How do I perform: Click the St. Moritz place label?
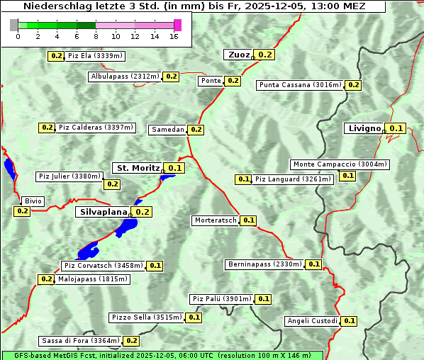(138, 168)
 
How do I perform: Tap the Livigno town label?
(364, 128)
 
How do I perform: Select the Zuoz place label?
(238, 55)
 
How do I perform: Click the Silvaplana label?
(103, 212)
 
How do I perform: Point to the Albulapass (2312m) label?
(125, 77)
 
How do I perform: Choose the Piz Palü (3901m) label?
(221, 299)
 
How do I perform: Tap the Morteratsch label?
(216, 220)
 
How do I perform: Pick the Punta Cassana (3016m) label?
(300, 85)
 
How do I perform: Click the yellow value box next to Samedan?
(196, 130)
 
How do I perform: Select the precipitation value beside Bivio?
(22, 211)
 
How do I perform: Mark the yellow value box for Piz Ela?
(56, 56)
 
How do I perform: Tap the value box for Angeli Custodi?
(350, 321)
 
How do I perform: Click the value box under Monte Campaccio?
(348, 176)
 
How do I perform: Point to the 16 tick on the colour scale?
(174, 35)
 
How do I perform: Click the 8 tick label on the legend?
(96, 35)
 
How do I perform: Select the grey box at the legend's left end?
(14, 25)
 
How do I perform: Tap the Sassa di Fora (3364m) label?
(80, 341)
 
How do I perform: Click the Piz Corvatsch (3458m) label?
(103, 266)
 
